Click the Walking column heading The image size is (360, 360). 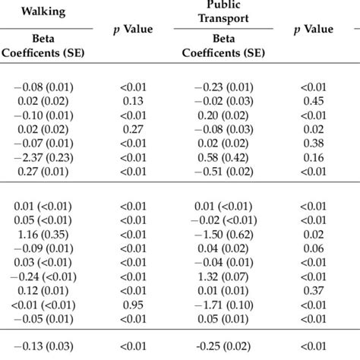[43, 12]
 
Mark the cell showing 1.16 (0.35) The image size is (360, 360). [49, 235]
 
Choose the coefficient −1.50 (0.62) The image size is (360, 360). [223, 235]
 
